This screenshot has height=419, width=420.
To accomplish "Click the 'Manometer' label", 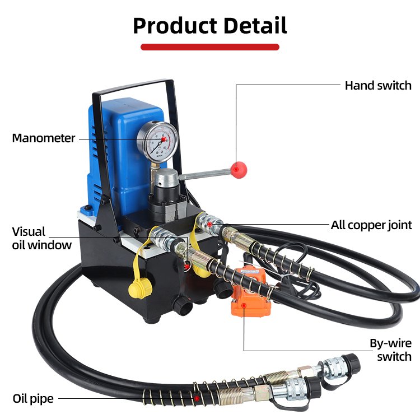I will pyautogui.click(x=44, y=138).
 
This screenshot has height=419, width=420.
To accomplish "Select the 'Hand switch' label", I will pyautogui.click(x=378, y=86).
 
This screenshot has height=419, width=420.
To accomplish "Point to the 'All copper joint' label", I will pyautogui.click(x=371, y=225).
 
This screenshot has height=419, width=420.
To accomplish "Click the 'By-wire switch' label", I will pyautogui.click(x=390, y=350).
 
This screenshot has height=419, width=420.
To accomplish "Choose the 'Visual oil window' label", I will pyautogui.click(x=42, y=238).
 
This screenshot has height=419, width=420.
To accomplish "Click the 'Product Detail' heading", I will pyautogui.click(x=209, y=26).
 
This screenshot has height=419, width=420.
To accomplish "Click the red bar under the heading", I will pyautogui.click(x=209, y=47).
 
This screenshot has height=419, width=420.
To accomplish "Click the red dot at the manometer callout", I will pyautogui.click(x=164, y=138).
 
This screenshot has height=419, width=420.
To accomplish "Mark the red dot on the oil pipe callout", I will pyautogui.click(x=197, y=398).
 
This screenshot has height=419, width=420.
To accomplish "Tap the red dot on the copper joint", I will pyautogui.click(x=210, y=225).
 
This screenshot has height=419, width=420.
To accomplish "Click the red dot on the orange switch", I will pyautogui.click(x=244, y=305).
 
